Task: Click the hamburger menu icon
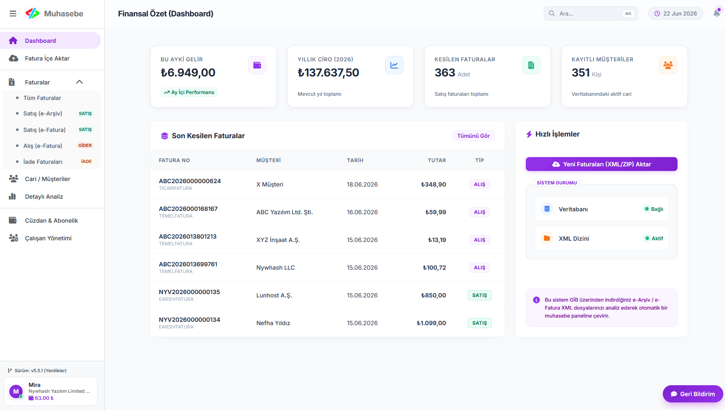(13, 13)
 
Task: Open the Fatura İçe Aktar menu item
(47, 58)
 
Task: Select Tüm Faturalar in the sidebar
(42, 98)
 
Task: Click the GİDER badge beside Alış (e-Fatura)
(85, 145)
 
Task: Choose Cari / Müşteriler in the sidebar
(47, 179)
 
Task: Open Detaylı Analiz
(44, 197)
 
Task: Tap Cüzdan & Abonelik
(51, 221)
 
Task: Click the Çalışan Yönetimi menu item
(48, 238)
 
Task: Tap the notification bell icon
(717, 13)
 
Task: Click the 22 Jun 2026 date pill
(675, 13)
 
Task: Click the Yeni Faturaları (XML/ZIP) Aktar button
(601, 164)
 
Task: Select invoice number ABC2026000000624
(190, 181)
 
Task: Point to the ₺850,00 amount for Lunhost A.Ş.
(433, 295)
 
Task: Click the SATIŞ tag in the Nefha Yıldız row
(480, 323)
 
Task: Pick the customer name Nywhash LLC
(276, 268)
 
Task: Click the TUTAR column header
(437, 160)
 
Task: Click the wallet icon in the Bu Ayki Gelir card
(257, 65)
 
